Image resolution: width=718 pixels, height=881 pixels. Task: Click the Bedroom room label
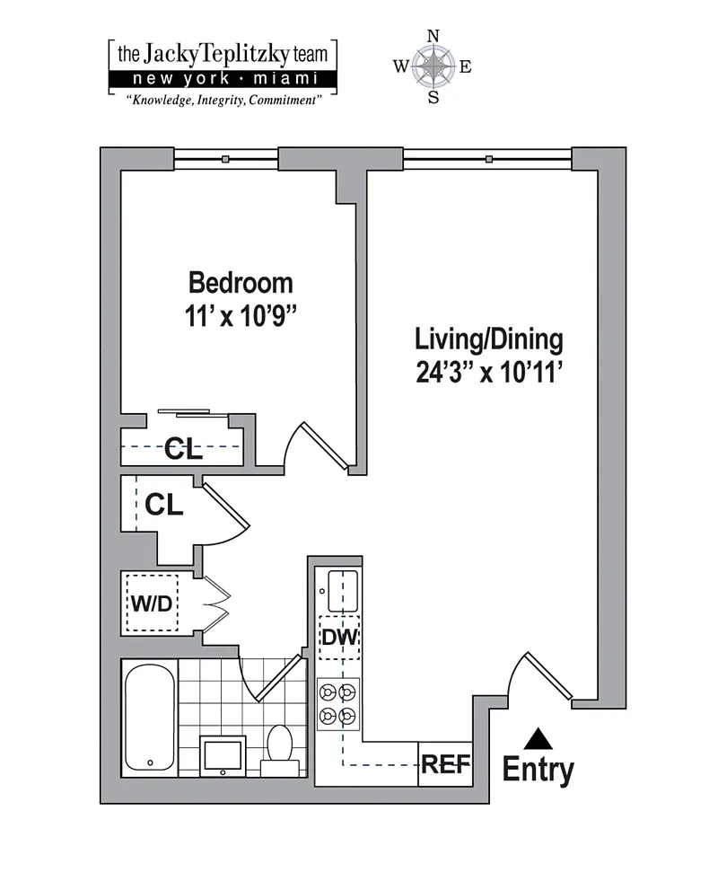tap(241, 283)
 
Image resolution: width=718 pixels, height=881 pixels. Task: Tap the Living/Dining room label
tap(489, 339)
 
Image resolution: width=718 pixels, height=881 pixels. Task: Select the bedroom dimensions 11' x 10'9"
tap(241, 316)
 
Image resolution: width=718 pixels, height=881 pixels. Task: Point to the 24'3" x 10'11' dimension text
tap(489, 372)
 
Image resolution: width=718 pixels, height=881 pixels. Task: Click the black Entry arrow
tap(538, 739)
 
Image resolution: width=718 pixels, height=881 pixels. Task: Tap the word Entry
tap(538, 770)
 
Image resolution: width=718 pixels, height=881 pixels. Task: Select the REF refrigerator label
tap(446, 764)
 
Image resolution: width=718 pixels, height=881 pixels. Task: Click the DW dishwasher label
tap(339, 637)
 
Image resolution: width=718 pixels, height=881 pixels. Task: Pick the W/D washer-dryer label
tap(152, 603)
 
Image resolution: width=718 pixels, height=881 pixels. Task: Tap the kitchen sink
tap(343, 591)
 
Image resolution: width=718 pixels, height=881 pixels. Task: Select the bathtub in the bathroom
tap(149, 718)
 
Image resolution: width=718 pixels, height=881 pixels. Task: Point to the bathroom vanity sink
tap(223, 755)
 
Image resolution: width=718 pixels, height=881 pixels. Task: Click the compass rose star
tap(433, 66)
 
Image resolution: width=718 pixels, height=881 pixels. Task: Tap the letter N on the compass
tap(433, 37)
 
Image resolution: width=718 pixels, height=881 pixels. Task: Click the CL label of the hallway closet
tap(164, 505)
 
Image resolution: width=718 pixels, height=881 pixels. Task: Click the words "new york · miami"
tap(224, 79)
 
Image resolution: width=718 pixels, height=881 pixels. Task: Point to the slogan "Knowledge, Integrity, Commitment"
tap(223, 101)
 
